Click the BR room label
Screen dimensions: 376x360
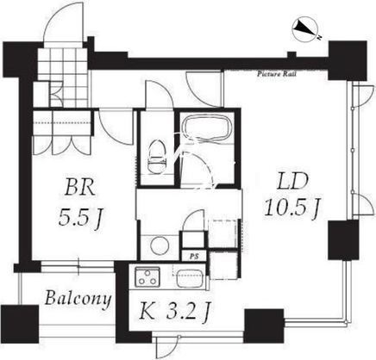click(80, 187)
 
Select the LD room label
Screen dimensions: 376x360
click(292, 181)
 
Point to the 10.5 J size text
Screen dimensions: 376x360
click(292, 208)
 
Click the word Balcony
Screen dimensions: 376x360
click(78, 299)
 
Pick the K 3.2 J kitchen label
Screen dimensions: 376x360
click(173, 313)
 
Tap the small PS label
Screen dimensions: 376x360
click(194, 257)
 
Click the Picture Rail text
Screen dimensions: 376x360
click(277, 74)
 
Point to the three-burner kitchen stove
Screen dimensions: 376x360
click(147, 276)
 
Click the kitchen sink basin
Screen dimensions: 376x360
click(190, 278)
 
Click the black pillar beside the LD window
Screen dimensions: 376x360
click(343, 240)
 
